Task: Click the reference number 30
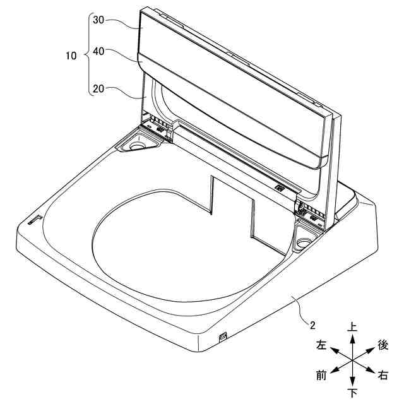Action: pyautogui.click(x=98, y=20)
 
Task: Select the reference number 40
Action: pyautogui.click(x=98, y=51)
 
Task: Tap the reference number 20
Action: pyautogui.click(x=98, y=89)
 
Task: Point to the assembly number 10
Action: pyautogui.click(x=71, y=56)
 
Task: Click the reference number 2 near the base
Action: pyautogui.click(x=312, y=326)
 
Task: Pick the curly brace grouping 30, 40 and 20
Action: pyautogui.click(x=87, y=55)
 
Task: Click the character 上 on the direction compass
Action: pyautogui.click(x=352, y=327)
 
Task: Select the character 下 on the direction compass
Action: pyautogui.click(x=352, y=393)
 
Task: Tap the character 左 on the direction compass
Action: pyautogui.click(x=321, y=345)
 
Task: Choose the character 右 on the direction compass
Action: pyautogui.click(x=383, y=375)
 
